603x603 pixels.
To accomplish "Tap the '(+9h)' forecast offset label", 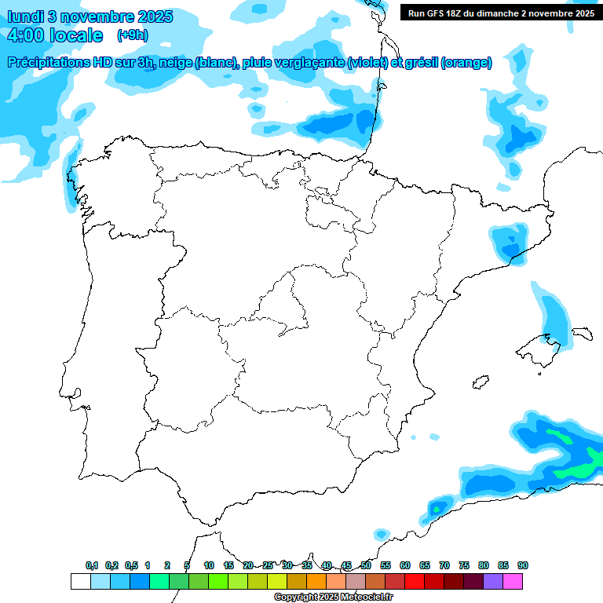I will tap(132, 35).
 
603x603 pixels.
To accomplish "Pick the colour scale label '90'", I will tap(522, 565).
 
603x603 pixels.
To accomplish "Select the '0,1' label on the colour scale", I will tap(92, 565).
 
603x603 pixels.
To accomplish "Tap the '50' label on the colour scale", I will tap(366, 565).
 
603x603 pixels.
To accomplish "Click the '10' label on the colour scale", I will tap(209, 565).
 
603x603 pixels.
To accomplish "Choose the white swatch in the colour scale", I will tap(80, 581).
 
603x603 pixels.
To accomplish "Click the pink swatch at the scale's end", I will tap(513, 581).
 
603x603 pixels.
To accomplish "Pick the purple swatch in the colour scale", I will tap(493, 581).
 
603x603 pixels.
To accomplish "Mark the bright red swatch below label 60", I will tap(415, 581).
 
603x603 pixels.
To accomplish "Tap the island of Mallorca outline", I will tap(540, 345).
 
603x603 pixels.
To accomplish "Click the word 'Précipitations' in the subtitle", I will tap(49, 63).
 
